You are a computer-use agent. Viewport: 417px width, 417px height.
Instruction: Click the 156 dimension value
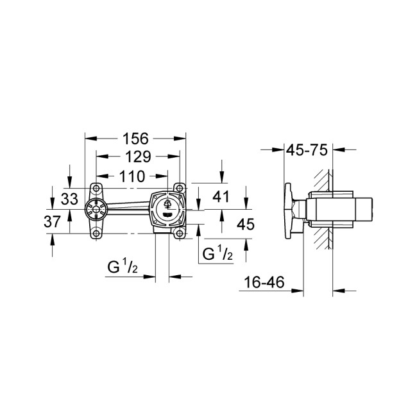click(135, 138)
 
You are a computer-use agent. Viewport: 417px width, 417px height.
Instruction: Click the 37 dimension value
click(69, 222)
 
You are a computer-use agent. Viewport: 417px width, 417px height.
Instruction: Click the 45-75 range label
click(307, 149)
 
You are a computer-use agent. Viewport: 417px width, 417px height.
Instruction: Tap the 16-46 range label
click(264, 283)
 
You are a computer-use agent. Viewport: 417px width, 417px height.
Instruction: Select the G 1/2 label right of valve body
click(217, 255)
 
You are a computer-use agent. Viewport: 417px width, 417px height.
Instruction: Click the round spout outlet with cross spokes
click(96, 210)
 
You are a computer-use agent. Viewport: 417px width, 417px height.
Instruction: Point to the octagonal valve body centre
click(167, 209)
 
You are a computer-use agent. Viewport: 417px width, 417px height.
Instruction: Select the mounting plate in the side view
click(288, 210)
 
